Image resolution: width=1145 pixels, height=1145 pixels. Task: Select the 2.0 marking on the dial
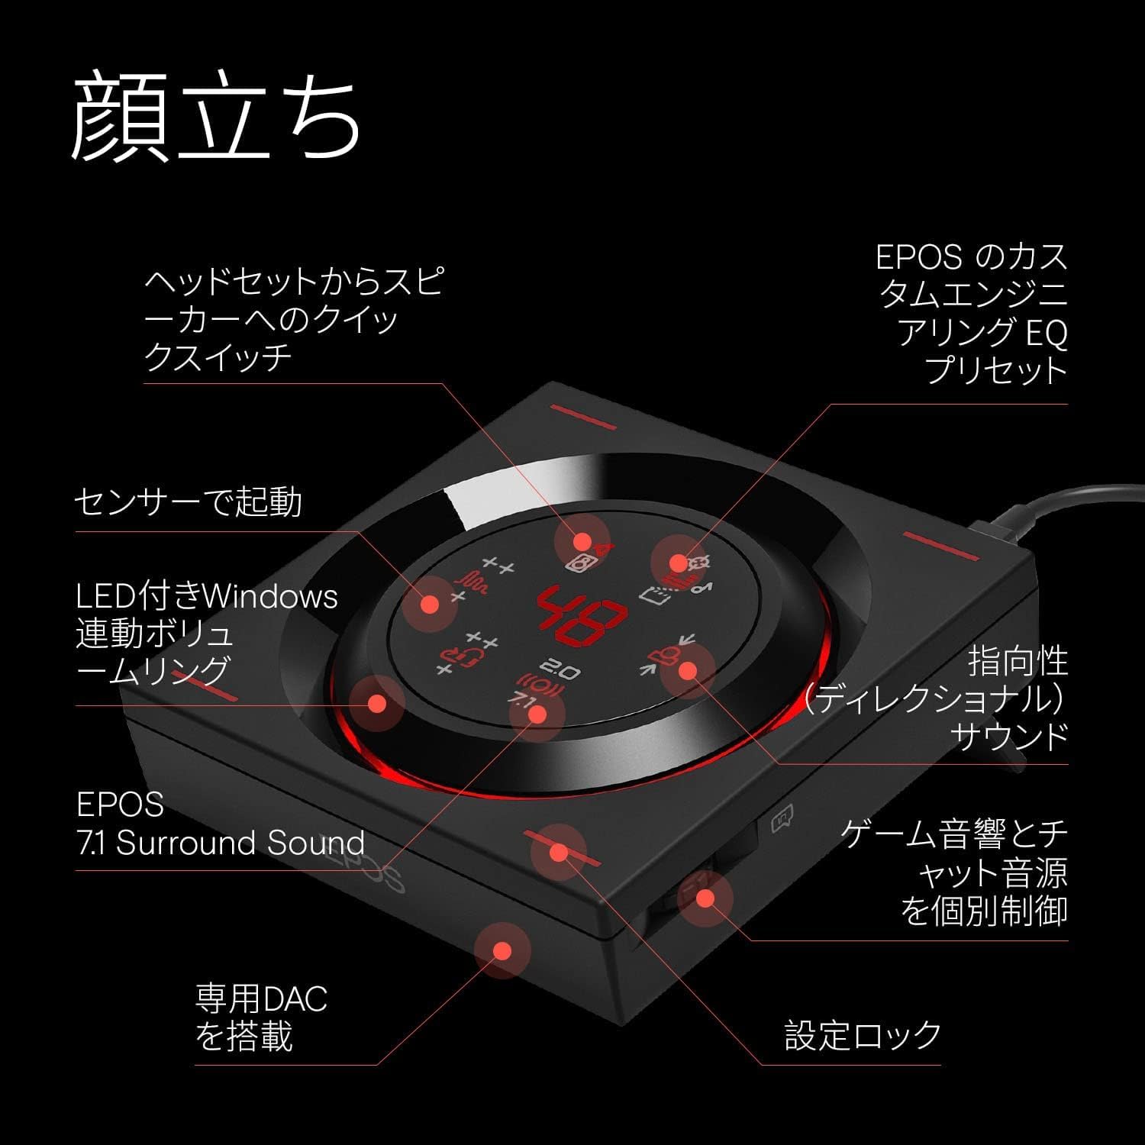(x=564, y=671)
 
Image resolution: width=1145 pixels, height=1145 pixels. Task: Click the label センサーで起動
(x=188, y=502)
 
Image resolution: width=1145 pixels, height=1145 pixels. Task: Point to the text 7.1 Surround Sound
(x=221, y=843)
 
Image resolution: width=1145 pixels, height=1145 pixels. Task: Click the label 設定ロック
(x=863, y=1035)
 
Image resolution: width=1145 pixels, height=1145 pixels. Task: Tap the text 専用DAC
(x=261, y=998)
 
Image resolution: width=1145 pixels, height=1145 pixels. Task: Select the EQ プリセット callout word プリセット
(x=995, y=370)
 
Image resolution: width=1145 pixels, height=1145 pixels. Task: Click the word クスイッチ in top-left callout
(x=218, y=356)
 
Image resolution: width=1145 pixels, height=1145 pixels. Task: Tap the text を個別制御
(x=984, y=911)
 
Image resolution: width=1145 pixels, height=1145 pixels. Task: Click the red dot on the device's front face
(x=502, y=950)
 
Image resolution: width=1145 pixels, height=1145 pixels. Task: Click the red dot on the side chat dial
(x=705, y=898)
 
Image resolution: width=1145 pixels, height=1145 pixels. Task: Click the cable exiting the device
(x=1069, y=504)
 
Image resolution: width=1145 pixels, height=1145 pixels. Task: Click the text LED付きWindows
(x=207, y=596)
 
